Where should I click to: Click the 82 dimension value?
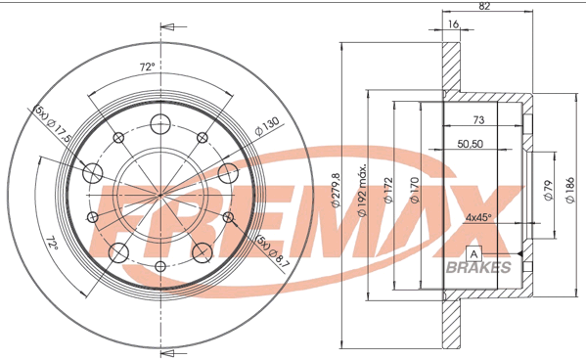[484, 6]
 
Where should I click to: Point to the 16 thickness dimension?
[453, 24]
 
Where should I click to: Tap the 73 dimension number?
[478, 120]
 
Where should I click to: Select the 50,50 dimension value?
[471, 144]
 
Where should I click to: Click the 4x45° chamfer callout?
[478, 217]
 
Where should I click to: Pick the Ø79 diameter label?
[548, 191]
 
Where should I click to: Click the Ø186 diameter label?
[570, 191]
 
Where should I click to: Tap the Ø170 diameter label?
[415, 191]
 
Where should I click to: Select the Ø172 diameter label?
[388, 191]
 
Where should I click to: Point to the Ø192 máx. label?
[362, 190]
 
